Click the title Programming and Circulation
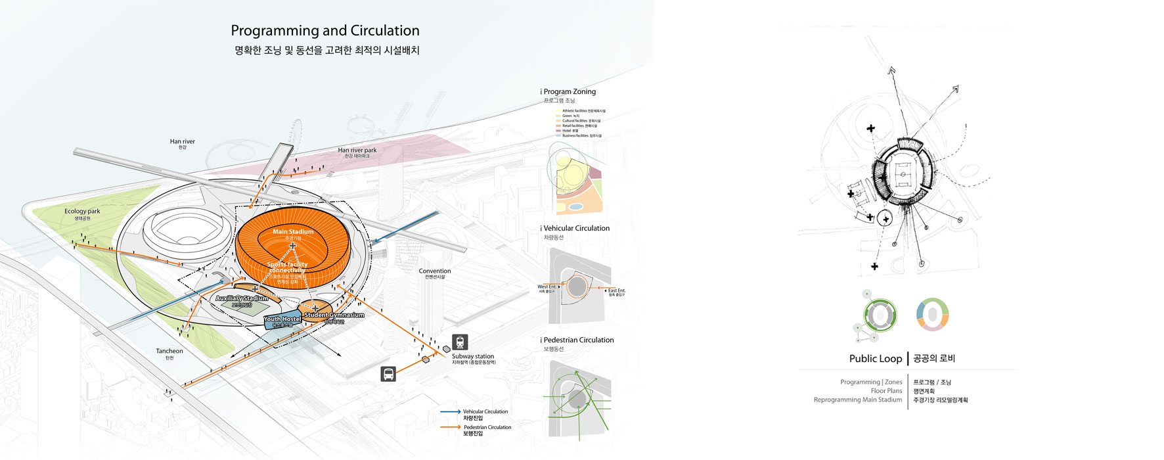(x=325, y=31)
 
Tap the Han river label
(x=182, y=141)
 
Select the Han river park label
(x=357, y=150)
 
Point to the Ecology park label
(x=82, y=212)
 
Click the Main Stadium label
(x=293, y=231)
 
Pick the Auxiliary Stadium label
(x=242, y=298)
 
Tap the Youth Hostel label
(x=282, y=319)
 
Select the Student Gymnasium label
(x=334, y=315)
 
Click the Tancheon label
(x=169, y=351)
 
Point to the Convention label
(x=435, y=271)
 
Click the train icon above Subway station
(x=460, y=342)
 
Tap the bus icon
(x=388, y=374)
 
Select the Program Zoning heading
(x=569, y=92)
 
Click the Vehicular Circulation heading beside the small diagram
(x=576, y=229)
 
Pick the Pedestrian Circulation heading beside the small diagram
(x=578, y=340)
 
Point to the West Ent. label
(x=547, y=287)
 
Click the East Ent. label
(x=616, y=290)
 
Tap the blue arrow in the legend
(x=450, y=412)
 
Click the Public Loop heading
(x=875, y=359)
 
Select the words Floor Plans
(x=886, y=391)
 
